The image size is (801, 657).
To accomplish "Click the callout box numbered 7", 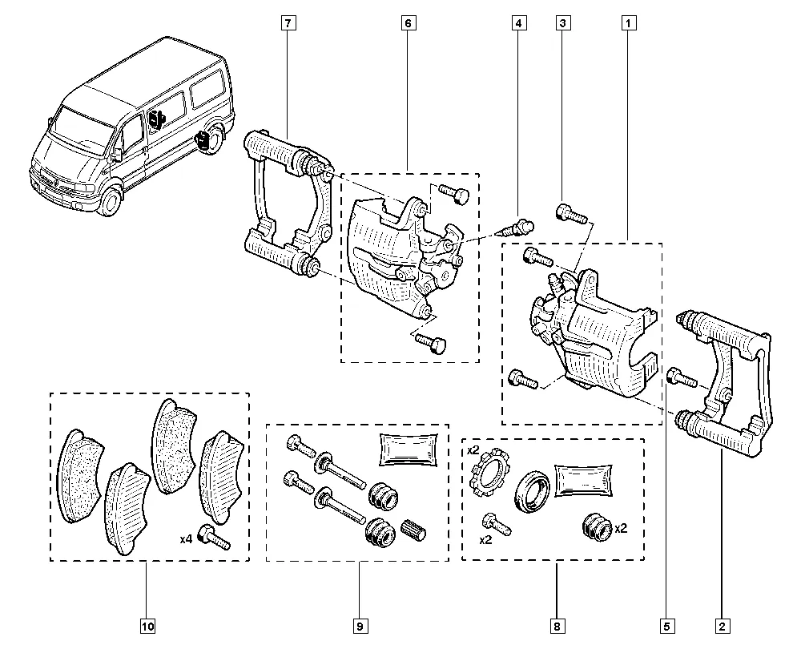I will [288, 24].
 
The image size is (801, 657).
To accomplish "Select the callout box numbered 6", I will [407, 24].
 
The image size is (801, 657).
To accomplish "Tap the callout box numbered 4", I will [519, 24].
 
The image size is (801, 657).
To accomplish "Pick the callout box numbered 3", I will [564, 24].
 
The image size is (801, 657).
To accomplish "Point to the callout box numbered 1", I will [629, 24].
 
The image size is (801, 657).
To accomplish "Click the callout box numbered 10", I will [147, 627].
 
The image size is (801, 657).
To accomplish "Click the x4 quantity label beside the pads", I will [186, 539].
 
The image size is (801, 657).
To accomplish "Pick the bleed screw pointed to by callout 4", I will [517, 227].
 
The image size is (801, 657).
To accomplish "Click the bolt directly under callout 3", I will [570, 214].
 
